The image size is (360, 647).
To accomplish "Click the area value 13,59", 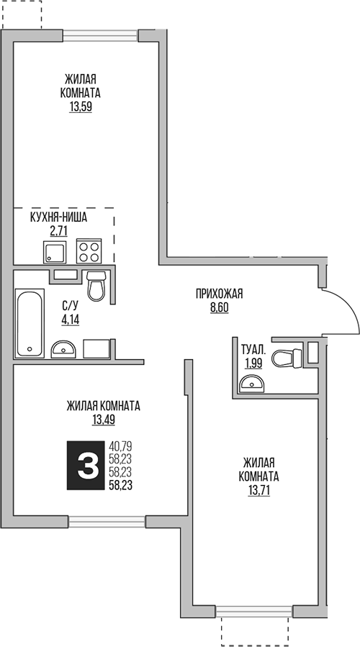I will (x=81, y=107).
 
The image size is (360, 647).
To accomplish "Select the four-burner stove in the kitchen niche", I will (x=90, y=251).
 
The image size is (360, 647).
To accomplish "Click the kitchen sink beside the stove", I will (x=55, y=253).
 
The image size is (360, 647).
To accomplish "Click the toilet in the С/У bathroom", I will (x=96, y=287).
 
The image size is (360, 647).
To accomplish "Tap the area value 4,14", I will (x=70, y=320).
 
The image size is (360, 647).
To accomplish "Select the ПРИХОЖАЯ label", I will (x=220, y=293).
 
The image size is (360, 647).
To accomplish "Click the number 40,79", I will (x=122, y=446).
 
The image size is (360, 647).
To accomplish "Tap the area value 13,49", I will (x=104, y=420).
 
